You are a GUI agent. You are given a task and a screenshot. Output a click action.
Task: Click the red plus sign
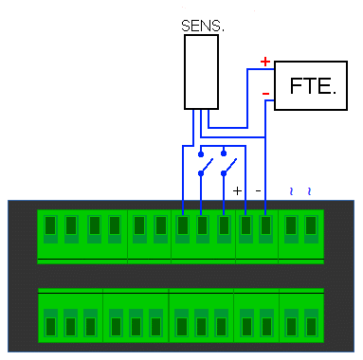[x=265, y=62]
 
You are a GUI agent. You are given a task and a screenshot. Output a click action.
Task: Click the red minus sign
[x=265, y=94]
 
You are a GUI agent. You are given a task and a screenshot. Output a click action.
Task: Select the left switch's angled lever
[x=206, y=166]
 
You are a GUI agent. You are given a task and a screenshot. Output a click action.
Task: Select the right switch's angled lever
[x=228, y=166]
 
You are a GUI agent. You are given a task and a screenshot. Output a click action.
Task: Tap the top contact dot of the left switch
[x=201, y=153]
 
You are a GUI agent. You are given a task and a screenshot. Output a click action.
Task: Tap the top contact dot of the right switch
[x=224, y=153]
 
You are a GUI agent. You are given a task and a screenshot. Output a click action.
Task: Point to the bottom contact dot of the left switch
[x=201, y=173]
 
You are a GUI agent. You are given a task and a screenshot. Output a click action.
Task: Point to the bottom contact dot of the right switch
[x=224, y=173]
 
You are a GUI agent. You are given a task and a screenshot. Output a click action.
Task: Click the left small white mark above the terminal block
[x=291, y=191]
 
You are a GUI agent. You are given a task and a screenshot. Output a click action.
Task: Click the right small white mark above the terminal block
[x=308, y=191]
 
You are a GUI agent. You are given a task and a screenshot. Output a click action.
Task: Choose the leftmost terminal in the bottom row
[x=50, y=323]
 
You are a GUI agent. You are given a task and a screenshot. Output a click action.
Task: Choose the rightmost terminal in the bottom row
[x=311, y=323]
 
